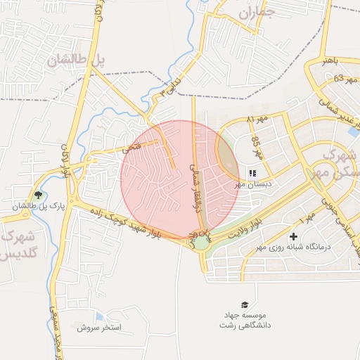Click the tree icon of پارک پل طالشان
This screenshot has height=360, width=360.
[x=38, y=195]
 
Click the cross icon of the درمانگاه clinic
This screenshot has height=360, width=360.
[x=293, y=236]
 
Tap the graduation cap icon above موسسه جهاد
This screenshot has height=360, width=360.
[x=245, y=304]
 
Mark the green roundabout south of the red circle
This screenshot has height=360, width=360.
[x=202, y=242]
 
